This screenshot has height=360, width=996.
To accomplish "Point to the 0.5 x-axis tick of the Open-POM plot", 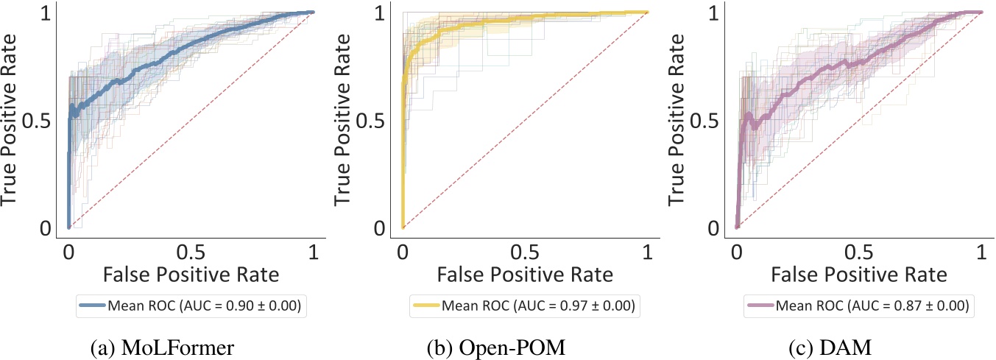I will (525, 251).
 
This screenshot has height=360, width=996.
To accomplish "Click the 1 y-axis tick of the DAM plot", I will (713, 13).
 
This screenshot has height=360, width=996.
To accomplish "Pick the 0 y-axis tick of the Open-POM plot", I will (379, 229).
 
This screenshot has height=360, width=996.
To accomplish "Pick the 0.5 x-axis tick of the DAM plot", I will (859, 251).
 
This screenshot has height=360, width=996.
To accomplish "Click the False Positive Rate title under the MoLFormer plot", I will (191, 275).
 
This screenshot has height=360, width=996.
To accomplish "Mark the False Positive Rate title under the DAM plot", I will (859, 275).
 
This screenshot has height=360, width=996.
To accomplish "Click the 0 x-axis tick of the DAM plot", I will (737, 251).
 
